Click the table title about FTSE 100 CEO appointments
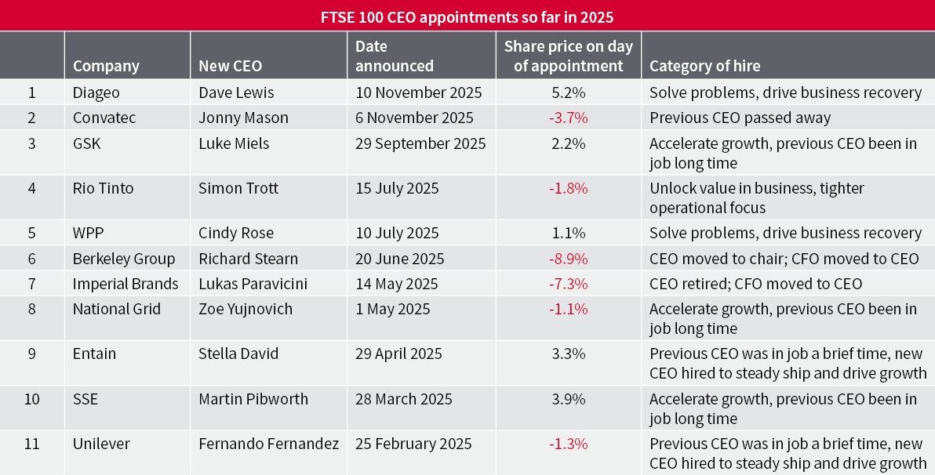467,16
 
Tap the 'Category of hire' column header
704,66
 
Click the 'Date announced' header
394,56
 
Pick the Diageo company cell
96,92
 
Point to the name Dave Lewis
236,92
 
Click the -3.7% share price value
569,118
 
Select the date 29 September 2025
420,143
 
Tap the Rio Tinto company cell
103,188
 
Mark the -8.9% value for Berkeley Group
569,259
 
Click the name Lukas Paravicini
252,284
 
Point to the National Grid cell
117,309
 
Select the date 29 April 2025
398,354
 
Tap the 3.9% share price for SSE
569,398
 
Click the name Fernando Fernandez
269,444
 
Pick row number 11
31,444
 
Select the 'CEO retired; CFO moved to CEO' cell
755,284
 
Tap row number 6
31,259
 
